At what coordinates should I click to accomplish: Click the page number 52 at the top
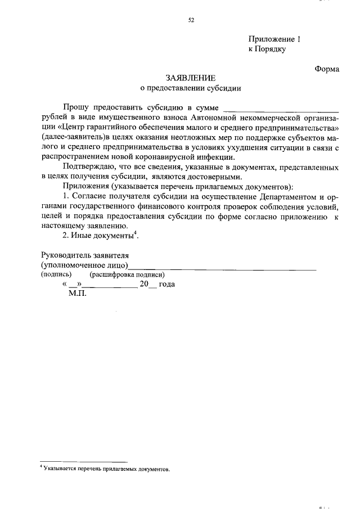pyautogui.click(x=191, y=21)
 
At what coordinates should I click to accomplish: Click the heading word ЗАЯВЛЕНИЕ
pyautogui.click(x=190, y=78)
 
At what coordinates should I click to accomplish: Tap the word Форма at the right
pyautogui.click(x=326, y=69)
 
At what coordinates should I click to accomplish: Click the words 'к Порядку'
pyautogui.click(x=267, y=49)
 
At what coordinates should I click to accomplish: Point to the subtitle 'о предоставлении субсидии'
pyautogui.click(x=190, y=89)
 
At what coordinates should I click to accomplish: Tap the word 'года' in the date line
pyautogui.click(x=167, y=285)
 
